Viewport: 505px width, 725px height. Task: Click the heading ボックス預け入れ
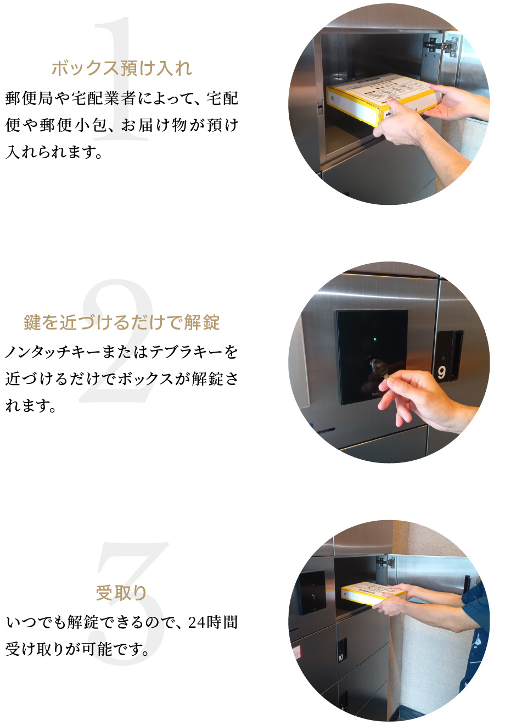pos(122,68)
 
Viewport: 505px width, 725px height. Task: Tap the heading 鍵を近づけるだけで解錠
pos(122,322)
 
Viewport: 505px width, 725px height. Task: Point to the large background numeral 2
pos(117,341)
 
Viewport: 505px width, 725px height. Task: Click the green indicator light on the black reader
pos(375,339)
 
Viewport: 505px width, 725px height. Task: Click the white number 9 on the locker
pos(441,372)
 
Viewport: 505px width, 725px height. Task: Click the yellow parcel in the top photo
pos(383,98)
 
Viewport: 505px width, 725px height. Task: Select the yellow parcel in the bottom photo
pos(373,593)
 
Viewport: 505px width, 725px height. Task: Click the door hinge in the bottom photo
pos(385,562)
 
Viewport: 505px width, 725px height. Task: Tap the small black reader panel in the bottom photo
pos(312,592)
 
